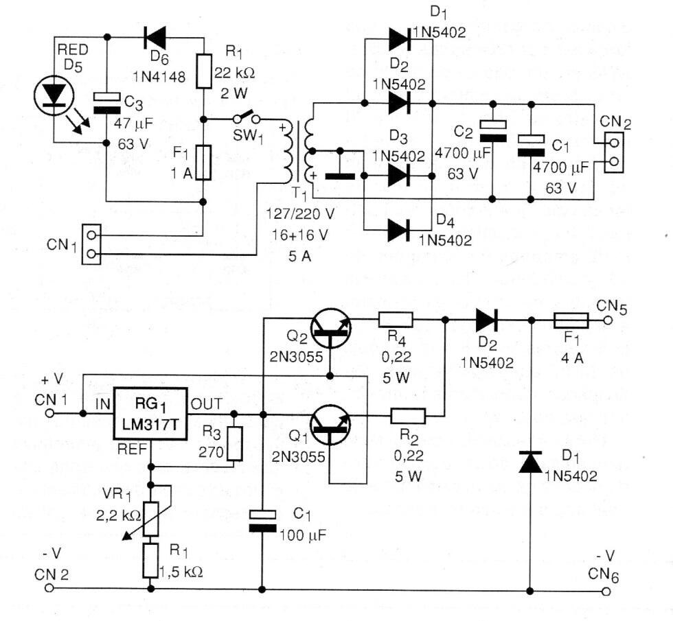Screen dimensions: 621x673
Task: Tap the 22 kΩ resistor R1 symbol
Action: (203, 70)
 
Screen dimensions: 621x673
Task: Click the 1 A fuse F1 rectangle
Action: (203, 163)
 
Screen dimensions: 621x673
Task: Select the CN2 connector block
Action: (613, 152)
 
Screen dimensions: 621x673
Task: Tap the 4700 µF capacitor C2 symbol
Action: (493, 130)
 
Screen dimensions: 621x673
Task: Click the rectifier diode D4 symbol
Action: (400, 231)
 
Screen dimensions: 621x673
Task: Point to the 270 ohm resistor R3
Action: (235, 443)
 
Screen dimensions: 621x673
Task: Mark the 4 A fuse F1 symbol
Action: (570, 320)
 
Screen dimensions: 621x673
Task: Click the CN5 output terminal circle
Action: (608, 320)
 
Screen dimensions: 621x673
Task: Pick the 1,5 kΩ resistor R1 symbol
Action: (150, 560)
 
